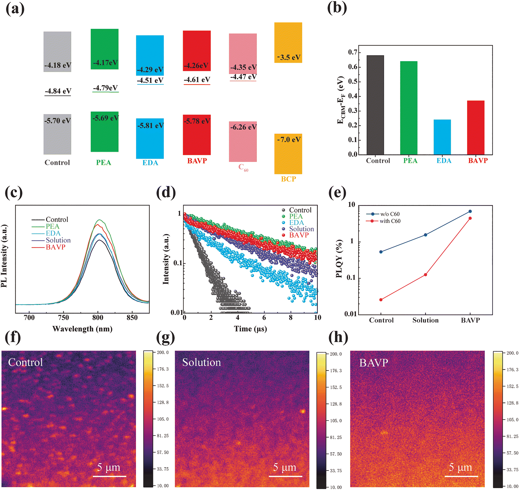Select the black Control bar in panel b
click(x=375, y=105)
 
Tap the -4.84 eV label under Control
click(x=58, y=91)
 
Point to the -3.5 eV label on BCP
click(x=289, y=57)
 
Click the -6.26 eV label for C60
click(x=243, y=127)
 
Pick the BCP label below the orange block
click(x=289, y=179)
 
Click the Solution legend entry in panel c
click(x=58, y=240)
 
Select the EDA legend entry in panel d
click(x=296, y=223)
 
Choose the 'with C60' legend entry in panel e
click(x=390, y=221)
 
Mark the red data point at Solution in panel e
click(x=426, y=275)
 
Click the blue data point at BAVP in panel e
click(x=470, y=211)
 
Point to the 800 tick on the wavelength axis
click(x=98, y=318)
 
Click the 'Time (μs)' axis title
click(x=250, y=329)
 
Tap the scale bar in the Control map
click(x=110, y=476)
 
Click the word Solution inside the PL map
click(x=202, y=362)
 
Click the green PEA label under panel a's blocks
click(x=104, y=163)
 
